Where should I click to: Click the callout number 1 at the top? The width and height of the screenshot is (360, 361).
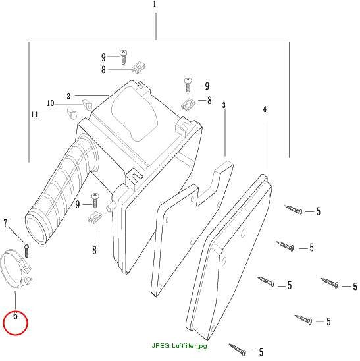click(155, 4)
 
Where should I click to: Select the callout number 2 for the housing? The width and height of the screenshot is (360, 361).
click(68, 96)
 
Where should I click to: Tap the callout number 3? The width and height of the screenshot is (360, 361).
click(224, 105)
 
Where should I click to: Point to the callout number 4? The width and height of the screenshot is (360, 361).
click(265, 109)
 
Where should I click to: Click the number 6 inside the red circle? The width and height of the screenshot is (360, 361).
click(15, 316)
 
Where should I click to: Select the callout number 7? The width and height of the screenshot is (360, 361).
click(5, 223)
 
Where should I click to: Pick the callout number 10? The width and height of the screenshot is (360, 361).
click(51, 103)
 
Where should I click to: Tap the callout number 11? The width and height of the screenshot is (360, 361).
click(34, 115)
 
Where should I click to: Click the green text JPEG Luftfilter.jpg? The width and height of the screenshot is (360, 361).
click(179, 346)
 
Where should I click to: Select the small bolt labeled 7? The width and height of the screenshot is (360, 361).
click(26, 251)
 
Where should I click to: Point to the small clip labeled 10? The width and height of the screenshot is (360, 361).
click(88, 104)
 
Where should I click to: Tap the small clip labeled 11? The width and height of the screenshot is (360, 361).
click(72, 113)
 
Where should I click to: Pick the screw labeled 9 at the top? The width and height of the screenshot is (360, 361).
click(123, 57)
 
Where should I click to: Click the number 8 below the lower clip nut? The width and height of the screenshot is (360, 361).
click(94, 250)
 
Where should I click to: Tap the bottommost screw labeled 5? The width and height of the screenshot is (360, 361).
click(237, 349)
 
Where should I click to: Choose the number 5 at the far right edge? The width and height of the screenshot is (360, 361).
click(355, 286)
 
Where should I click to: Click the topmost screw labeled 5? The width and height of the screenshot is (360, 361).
click(294, 209)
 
